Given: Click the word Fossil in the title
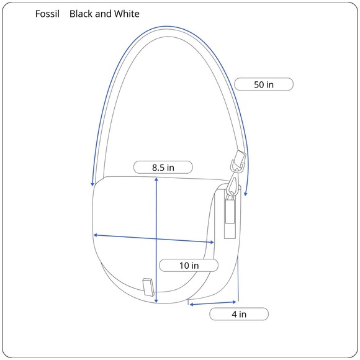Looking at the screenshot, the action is click(47, 14).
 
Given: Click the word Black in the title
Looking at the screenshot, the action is click(81, 14).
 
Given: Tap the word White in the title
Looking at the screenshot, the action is click(127, 14).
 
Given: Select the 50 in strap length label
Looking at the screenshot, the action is click(264, 84).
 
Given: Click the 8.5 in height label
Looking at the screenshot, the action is click(163, 168).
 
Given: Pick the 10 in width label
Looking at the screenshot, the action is click(189, 266).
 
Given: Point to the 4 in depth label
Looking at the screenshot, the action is click(239, 314).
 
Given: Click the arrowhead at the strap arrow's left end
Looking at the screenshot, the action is click(92, 184).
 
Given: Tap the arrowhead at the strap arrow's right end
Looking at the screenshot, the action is click(245, 194).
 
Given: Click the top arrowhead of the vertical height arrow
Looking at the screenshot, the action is click(156, 179).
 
